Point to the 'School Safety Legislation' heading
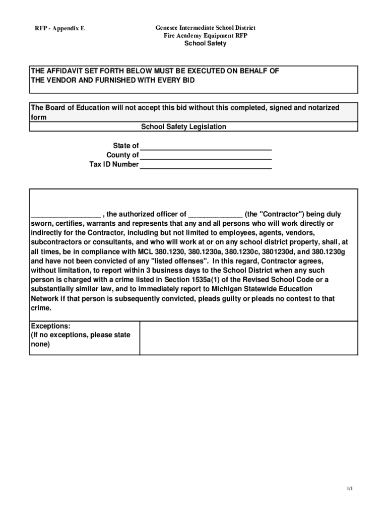[183, 127]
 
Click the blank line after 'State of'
[206, 146]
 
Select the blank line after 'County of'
[206, 155]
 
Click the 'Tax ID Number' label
[114, 164]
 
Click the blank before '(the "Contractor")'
[215, 214]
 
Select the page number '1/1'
[349, 489]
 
